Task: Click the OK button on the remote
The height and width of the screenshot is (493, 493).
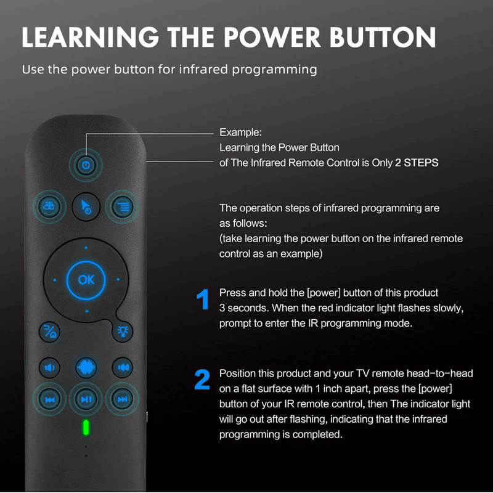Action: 86,280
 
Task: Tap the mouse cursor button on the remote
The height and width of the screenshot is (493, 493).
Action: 86,206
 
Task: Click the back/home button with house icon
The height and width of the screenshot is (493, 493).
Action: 49,332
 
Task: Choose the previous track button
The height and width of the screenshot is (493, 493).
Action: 49,399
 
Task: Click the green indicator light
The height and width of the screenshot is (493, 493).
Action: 86,428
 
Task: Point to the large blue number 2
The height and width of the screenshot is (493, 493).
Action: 202,381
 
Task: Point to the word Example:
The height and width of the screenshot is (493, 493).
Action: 240,132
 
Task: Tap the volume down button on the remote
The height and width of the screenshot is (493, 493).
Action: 49,368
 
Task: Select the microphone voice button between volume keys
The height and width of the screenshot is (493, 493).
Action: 86,367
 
